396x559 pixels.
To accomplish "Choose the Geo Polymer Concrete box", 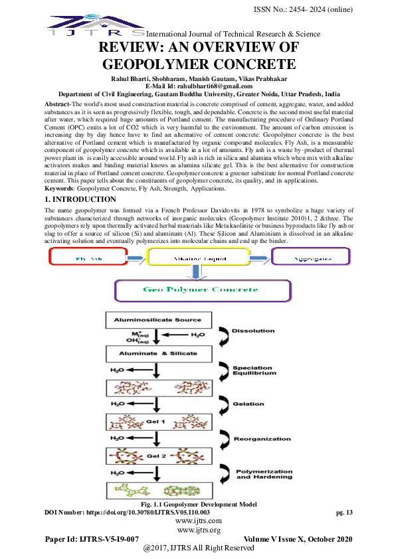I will click(x=203, y=290).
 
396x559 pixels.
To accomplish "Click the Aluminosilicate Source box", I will click(x=157, y=320).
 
